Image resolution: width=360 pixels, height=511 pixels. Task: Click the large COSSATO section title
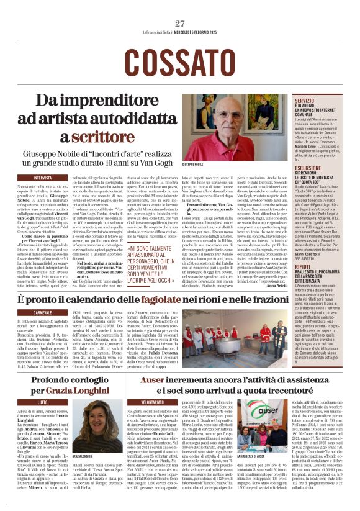pyautogui.click(x=179, y=61)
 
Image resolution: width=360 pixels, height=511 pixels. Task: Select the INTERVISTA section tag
pyautogui.click(x=43, y=178)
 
